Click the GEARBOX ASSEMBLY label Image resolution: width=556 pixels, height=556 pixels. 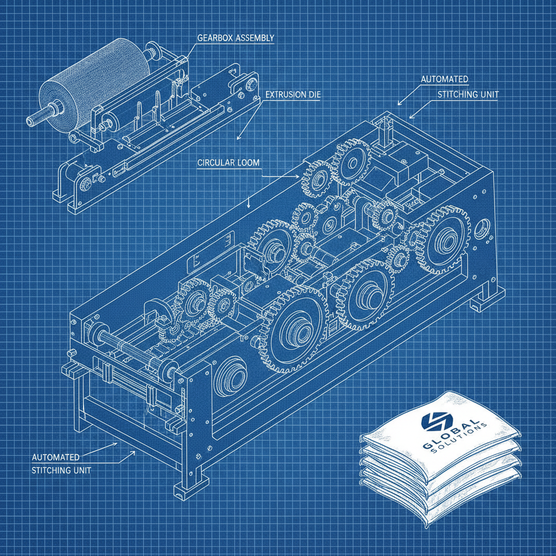[236, 37]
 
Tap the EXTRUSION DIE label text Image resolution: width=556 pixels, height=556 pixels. [293, 94]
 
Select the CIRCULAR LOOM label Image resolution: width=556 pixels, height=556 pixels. [229, 163]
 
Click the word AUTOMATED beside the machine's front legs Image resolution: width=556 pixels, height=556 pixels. [56, 457]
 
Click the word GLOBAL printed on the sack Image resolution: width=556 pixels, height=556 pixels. [450, 435]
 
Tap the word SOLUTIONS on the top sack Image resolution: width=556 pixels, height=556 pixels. [459, 440]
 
